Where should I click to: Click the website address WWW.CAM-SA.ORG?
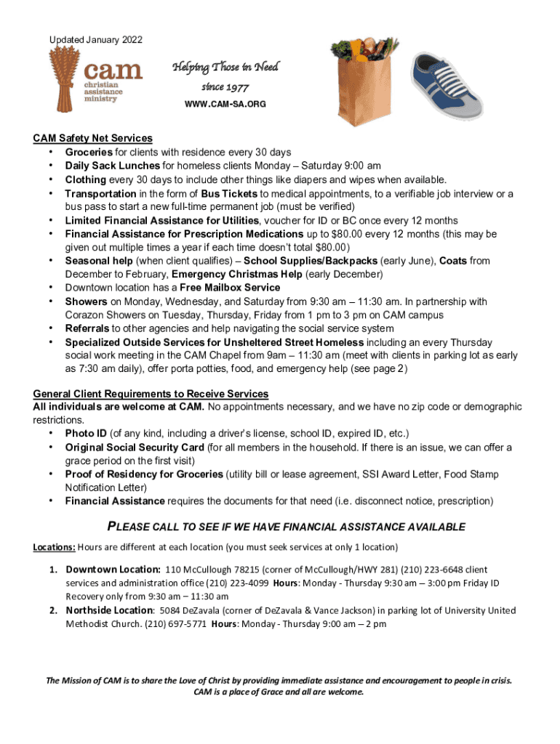coord(225,105)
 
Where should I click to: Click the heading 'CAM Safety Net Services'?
coord(92,138)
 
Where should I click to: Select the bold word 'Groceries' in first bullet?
coord(89,152)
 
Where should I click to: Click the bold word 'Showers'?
coord(87,302)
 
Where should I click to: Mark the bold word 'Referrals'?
coord(88,328)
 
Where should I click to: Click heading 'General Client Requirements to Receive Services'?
coord(151,394)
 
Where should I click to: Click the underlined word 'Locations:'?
coord(54,546)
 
